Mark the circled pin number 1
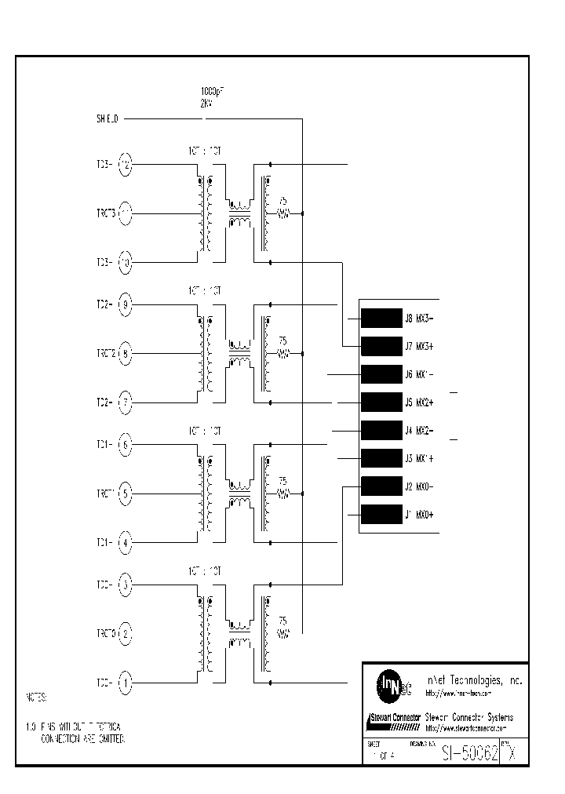click(126, 683)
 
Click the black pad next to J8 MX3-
click(381, 318)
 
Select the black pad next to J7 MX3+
click(381, 346)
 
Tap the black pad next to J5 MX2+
click(381, 402)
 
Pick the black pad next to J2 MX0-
click(381, 486)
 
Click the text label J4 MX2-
click(419, 430)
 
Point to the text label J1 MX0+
click(419, 515)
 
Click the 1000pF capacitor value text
click(210, 92)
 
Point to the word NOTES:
click(37, 697)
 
